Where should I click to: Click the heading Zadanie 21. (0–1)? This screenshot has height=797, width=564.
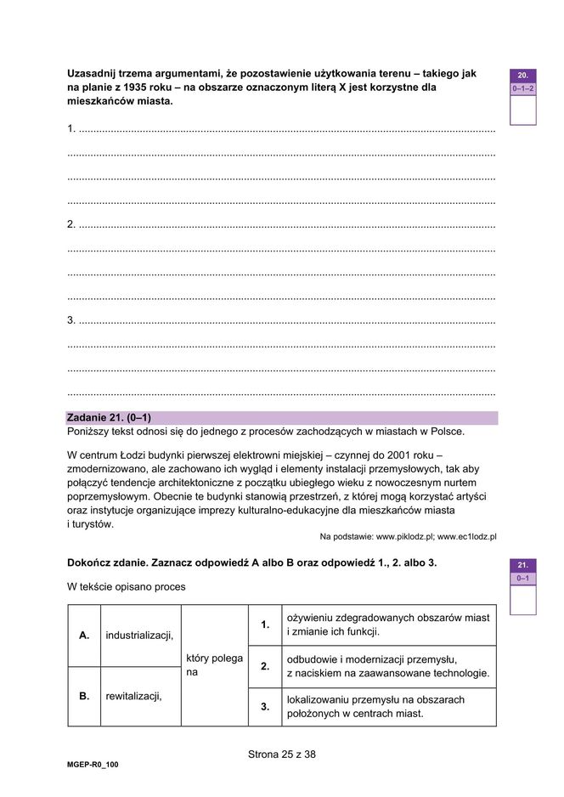click(x=108, y=418)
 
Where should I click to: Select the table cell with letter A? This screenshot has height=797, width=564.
click(x=84, y=635)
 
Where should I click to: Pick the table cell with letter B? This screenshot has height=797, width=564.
click(x=84, y=696)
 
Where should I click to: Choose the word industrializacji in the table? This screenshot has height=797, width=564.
click(x=139, y=635)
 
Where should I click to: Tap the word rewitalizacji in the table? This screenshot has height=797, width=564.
click(x=134, y=696)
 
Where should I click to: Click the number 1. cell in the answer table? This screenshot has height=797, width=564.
click(x=265, y=625)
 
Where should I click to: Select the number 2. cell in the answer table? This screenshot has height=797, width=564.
click(x=265, y=666)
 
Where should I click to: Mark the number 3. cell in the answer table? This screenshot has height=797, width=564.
click(x=265, y=706)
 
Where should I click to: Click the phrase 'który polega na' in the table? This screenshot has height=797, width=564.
click(x=214, y=665)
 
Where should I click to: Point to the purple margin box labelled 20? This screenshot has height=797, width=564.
click(x=522, y=75)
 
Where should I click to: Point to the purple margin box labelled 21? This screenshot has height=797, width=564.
click(x=522, y=564)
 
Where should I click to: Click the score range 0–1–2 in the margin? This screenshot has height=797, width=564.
click(x=522, y=88)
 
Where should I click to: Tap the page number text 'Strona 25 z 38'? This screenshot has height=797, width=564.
click(x=281, y=754)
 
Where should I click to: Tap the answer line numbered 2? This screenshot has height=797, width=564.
click(x=280, y=225)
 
